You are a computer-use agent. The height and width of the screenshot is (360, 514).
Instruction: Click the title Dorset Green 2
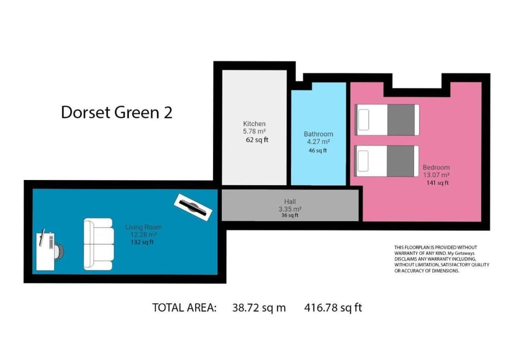pos(116,112)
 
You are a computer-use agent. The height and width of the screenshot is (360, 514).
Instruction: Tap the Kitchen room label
pos(254,124)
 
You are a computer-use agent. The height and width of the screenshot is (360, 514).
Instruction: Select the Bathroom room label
pos(318,134)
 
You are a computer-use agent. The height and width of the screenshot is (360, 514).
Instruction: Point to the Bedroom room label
pos(436,167)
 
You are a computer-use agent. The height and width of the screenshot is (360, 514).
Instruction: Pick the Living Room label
pos(143,227)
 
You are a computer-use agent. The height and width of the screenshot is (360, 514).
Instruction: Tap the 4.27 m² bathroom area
pos(318,142)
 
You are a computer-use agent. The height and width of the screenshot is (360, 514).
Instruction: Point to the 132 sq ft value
pos(142,243)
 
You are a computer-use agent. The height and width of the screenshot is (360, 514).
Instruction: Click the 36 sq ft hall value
pos(290,215)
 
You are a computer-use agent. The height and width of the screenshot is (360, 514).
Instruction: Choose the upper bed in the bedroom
pos(387,119)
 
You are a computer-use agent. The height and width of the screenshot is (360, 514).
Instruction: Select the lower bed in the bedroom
pos(387,161)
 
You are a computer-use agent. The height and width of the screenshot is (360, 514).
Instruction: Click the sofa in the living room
pos(98,244)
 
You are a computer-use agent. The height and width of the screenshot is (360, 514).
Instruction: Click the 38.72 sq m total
pos(259,308)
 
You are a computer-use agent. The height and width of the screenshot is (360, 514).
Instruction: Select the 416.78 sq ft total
pos(333,308)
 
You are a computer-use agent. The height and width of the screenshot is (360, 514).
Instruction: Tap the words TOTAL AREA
pos(184,308)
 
